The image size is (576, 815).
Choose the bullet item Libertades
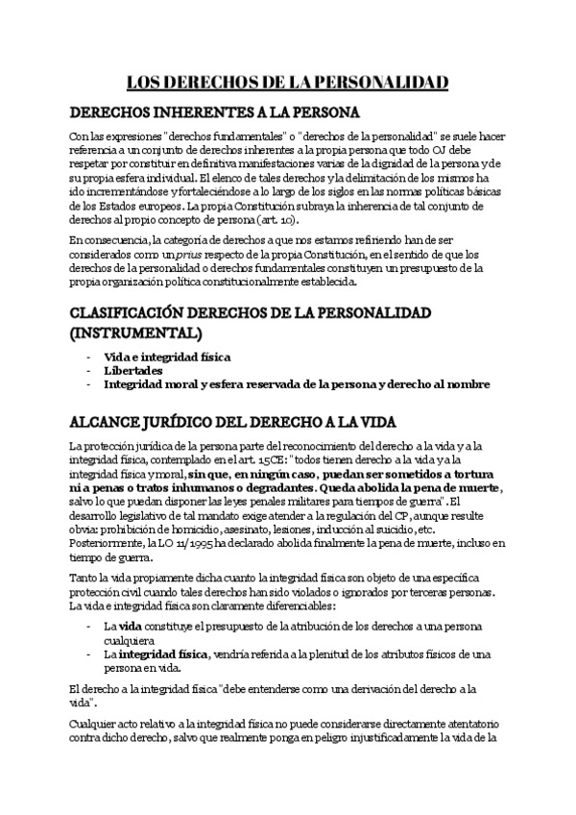click(132, 370)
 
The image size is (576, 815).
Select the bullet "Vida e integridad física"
click(167, 357)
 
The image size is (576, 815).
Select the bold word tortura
click(469, 474)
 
